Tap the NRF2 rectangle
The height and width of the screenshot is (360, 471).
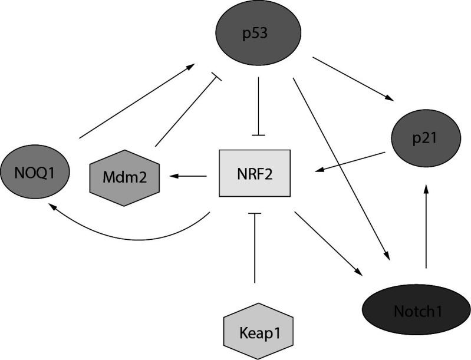(x=255, y=173)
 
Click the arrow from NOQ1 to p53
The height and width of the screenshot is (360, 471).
(x=137, y=101)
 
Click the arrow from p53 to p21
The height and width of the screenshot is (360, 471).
(x=353, y=79)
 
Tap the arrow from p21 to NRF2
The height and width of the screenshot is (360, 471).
(x=350, y=162)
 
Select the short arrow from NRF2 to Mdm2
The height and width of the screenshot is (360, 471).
(x=188, y=176)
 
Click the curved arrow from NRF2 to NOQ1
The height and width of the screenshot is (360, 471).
(x=130, y=237)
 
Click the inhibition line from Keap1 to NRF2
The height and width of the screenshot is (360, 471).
(x=255, y=247)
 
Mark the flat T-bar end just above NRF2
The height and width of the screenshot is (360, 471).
(x=258, y=136)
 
